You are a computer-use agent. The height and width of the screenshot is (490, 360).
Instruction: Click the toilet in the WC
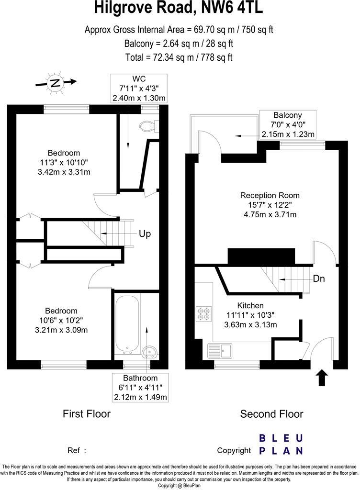[147, 126]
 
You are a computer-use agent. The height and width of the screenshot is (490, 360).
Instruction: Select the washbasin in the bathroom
[150, 353]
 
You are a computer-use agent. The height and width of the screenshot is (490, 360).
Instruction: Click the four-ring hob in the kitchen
[203, 313]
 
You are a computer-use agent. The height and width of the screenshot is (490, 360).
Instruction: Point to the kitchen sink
[220, 351]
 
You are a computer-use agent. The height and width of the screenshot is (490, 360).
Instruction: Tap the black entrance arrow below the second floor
[322, 378]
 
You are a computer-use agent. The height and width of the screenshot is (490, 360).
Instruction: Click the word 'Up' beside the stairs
[145, 234]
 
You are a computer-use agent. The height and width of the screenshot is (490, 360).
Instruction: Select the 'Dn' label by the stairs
[319, 278]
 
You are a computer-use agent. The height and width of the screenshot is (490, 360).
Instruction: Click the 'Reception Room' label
[270, 195]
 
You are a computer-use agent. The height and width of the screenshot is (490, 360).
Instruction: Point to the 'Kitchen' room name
[250, 305]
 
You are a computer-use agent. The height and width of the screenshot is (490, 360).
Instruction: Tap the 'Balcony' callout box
[287, 124]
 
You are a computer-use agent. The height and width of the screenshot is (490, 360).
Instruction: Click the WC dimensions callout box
[139, 89]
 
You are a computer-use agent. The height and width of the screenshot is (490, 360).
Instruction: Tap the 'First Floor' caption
[87, 414]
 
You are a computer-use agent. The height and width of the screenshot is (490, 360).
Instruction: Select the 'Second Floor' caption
[271, 414]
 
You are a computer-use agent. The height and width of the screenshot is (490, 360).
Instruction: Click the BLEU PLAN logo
[281, 444]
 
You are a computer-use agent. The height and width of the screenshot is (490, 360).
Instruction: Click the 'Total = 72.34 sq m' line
[179, 57]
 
